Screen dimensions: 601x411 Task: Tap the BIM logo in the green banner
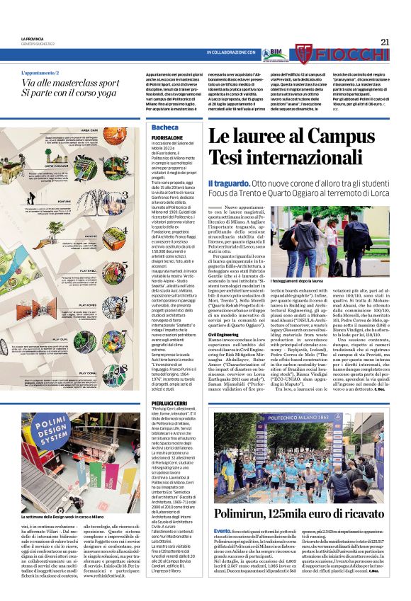(x=273, y=52)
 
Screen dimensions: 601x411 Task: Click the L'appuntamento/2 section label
(x=45, y=73)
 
